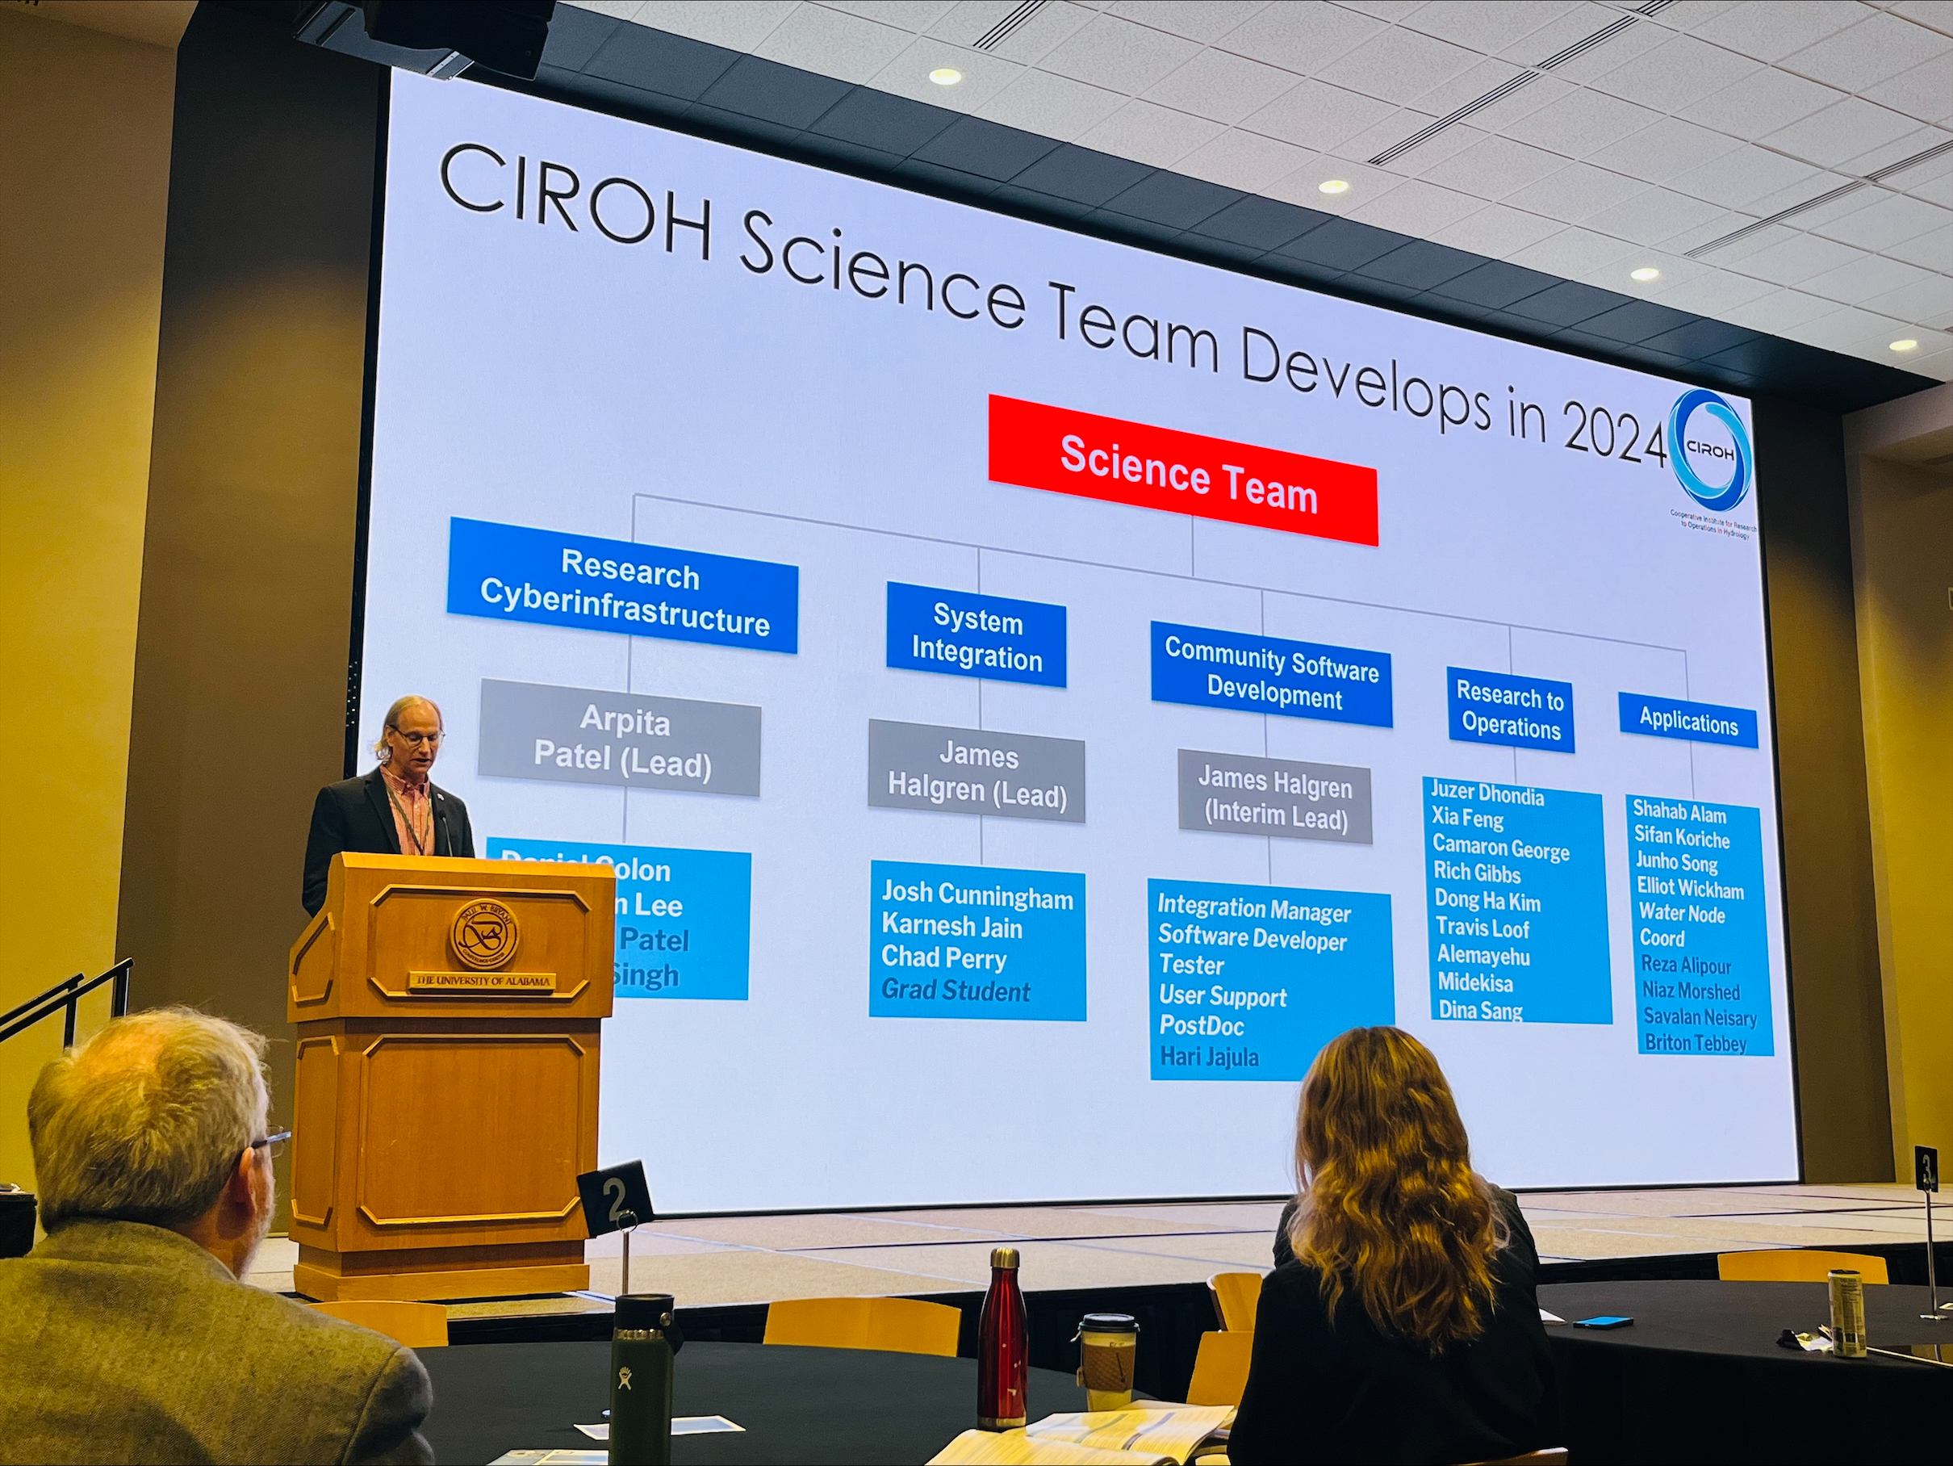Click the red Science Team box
[1183, 470]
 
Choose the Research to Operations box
[1510, 711]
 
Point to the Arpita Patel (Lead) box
[620, 740]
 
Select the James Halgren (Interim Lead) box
[1275, 798]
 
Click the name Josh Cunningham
[977, 895]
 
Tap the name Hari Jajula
[1209, 1056]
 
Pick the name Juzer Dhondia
[1487, 795]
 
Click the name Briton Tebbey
[1696, 1043]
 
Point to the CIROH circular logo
[1710, 449]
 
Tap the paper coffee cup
[1107, 1361]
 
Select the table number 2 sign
[616, 1199]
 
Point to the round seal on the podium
[484, 934]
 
